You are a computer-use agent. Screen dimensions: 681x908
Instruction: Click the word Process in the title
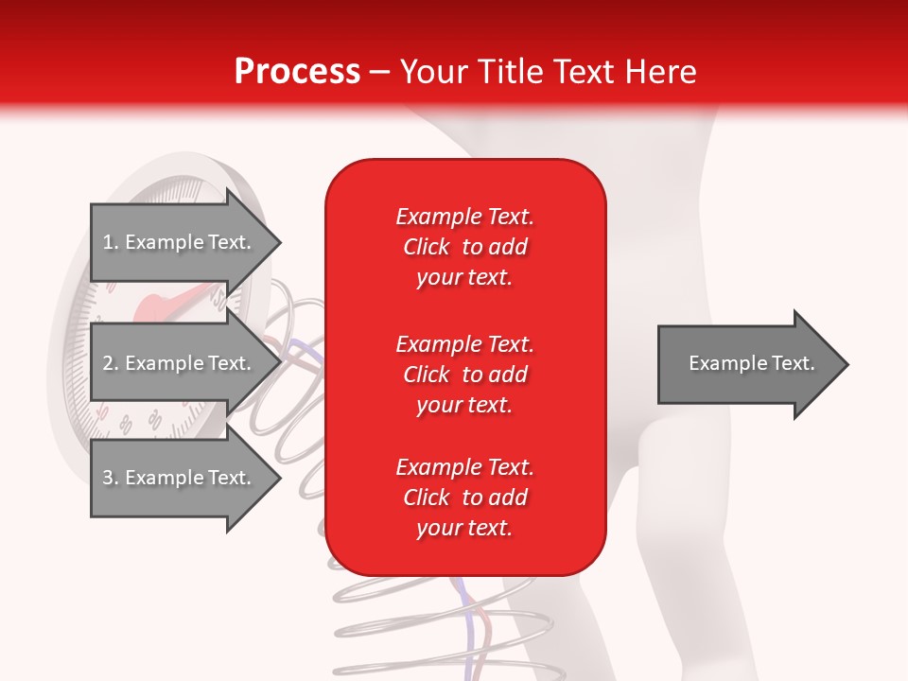pos(297,72)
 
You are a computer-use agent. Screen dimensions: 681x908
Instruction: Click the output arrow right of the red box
pos(747,364)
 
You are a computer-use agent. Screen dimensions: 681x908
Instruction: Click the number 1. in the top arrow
pos(111,242)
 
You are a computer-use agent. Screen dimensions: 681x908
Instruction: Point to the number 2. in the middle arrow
pos(111,363)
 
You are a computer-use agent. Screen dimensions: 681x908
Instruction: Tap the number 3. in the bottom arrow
pos(111,478)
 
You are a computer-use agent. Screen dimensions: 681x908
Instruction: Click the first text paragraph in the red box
pos(464,247)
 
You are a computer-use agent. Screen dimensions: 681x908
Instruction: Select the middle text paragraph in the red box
pos(464,375)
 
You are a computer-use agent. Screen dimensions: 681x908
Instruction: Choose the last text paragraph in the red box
pos(464,498)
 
